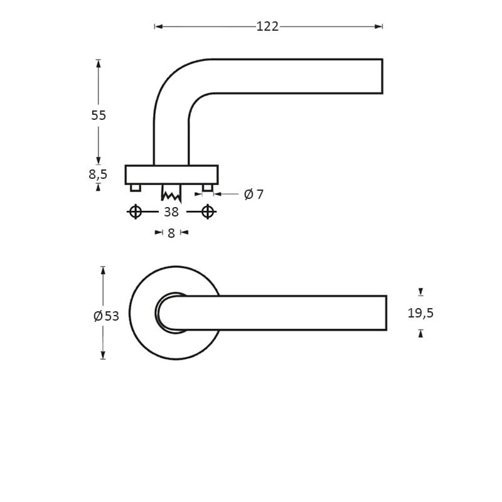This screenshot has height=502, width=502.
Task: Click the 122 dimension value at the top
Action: click(267, 26)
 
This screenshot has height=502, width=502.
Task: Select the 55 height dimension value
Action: click(99, 115)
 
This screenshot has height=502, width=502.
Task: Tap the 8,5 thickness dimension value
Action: click(98, 174)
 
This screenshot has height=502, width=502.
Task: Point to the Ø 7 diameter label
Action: click(254, 195)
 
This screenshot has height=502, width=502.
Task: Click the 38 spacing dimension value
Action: click(171, 212)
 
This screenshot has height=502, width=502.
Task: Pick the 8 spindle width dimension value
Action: click(171, 233)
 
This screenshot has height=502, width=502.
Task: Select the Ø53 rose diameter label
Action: click(106, 316)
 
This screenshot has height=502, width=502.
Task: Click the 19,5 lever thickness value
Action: click(420, 313)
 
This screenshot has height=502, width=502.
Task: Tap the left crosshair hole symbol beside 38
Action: click(135, 212)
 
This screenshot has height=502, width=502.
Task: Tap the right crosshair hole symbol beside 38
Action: click(208, 212)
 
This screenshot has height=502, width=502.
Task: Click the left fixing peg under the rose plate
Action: click(136, 188)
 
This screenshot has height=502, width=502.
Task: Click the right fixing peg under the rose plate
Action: click(208, 188)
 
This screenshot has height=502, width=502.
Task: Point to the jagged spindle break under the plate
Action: click(171, 194)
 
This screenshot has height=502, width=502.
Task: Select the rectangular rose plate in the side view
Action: click(171, 174)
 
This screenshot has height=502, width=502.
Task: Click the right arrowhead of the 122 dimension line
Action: click(378, 26)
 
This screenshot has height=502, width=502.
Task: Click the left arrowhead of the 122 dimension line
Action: click(159, 26)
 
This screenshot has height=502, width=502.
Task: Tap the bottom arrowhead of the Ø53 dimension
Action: click(103, 355)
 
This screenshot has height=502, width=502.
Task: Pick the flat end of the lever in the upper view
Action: click(382, 77)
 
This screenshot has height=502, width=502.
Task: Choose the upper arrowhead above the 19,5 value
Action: click(420, 292)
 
